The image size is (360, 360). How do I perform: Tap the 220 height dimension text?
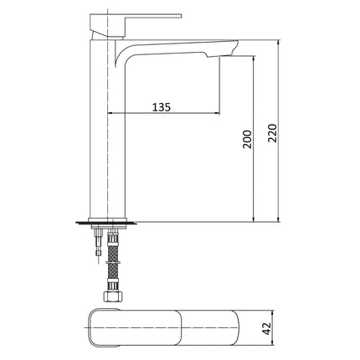pyautogui.click(x=271, y=131)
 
